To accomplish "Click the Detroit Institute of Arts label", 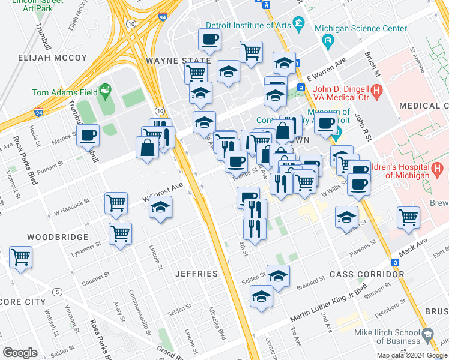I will (248, 26).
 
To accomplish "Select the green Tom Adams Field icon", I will (106, 91).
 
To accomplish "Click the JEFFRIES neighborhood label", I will (196, 274).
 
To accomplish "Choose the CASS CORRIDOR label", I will (367, 274).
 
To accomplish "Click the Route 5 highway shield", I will (57, 292).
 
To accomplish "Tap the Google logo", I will (20, 353).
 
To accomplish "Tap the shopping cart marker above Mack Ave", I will (409, 217).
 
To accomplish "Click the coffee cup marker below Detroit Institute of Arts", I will (209, 40).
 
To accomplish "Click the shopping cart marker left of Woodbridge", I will (20, 257).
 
